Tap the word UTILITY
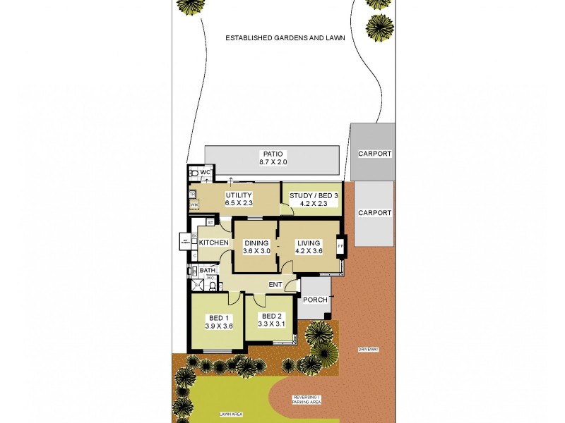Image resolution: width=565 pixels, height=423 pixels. point(239,195)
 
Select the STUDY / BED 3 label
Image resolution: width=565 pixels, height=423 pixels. point(309,195)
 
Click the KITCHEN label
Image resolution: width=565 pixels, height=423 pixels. point(213,243)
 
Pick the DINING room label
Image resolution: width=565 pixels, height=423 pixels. point(256,243)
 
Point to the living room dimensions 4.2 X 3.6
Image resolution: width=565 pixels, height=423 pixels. point(309,251)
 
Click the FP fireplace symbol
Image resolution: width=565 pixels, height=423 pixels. point(340,246)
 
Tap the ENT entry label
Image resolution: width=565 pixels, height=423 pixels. point(275,285)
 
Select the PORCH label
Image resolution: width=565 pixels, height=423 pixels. point(315,300)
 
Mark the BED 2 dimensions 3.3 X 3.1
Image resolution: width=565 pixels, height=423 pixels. point(272,324)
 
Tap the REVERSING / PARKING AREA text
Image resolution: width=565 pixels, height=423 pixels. point(307,400)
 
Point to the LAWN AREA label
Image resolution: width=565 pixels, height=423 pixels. point(230,415)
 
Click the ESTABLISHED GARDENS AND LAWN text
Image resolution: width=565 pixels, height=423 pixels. point(285,38)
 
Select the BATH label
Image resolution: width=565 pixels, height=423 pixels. point(207,270)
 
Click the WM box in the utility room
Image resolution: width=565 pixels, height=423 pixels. point(192,204)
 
